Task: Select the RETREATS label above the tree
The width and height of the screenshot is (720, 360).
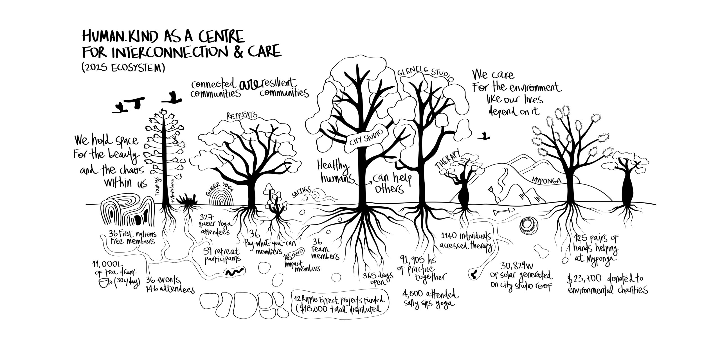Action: point(242,115)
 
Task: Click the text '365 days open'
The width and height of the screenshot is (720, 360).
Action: point(377,278)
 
